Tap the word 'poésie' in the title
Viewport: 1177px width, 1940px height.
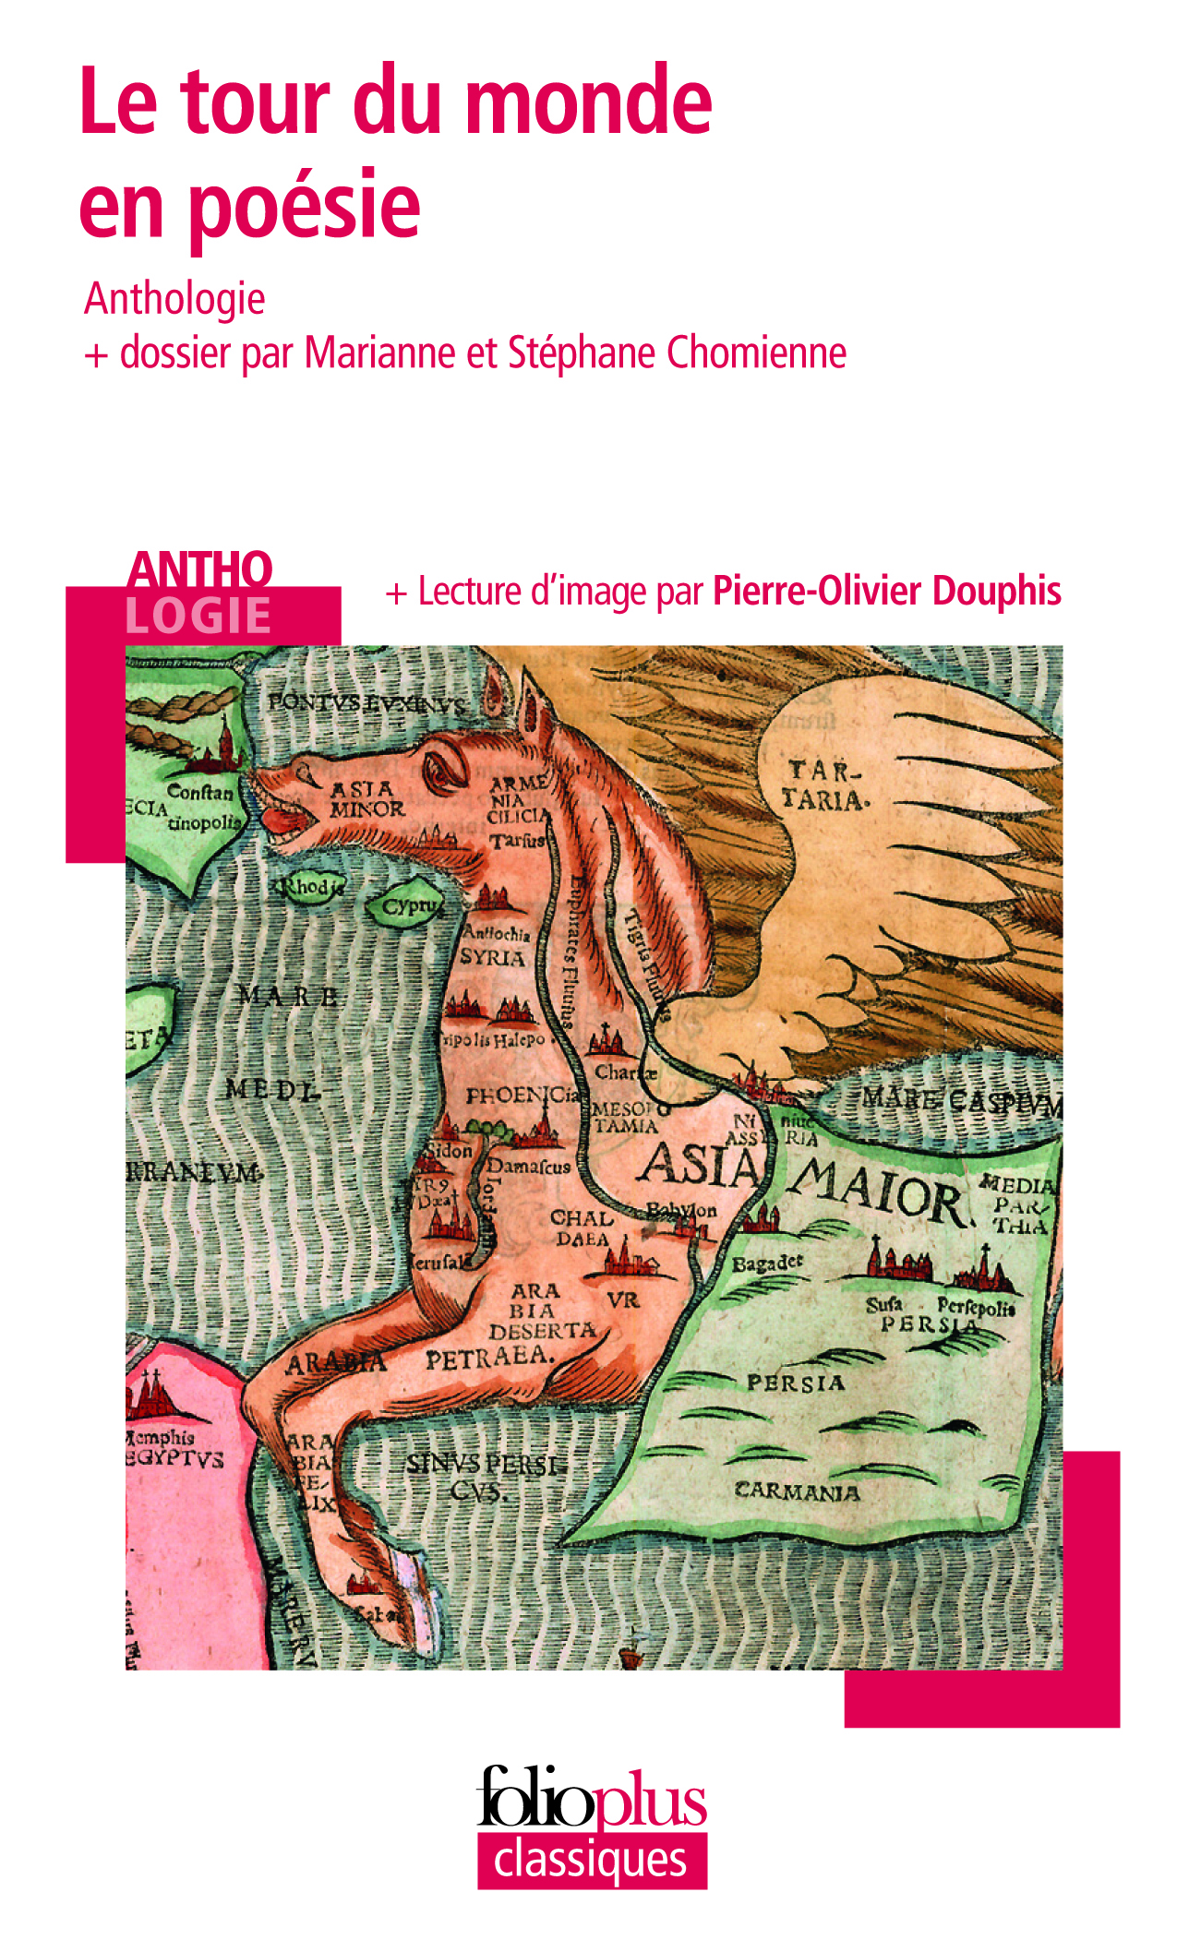pos(305,205)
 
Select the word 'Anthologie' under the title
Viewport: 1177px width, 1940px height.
pos(174,299)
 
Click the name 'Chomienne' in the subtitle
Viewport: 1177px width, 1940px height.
pos(756,353)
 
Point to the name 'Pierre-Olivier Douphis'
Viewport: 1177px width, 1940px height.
pos(886,592)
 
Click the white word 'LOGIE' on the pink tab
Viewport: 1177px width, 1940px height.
pos(198,616)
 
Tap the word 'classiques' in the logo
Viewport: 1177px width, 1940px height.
pos(591,1860)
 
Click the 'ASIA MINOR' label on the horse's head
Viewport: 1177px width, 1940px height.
pos(366,799)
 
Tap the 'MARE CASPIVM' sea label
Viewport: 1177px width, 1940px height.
pos(960,1101)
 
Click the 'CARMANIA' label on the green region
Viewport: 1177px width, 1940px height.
pos(797,1491)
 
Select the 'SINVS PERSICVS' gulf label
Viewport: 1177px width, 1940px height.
pos(484,1477)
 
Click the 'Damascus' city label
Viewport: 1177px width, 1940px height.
pos(530,1167)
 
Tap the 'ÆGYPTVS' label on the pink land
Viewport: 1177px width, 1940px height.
pos(174,1459)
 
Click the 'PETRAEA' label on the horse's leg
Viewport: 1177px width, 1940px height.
pos(489,1358)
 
